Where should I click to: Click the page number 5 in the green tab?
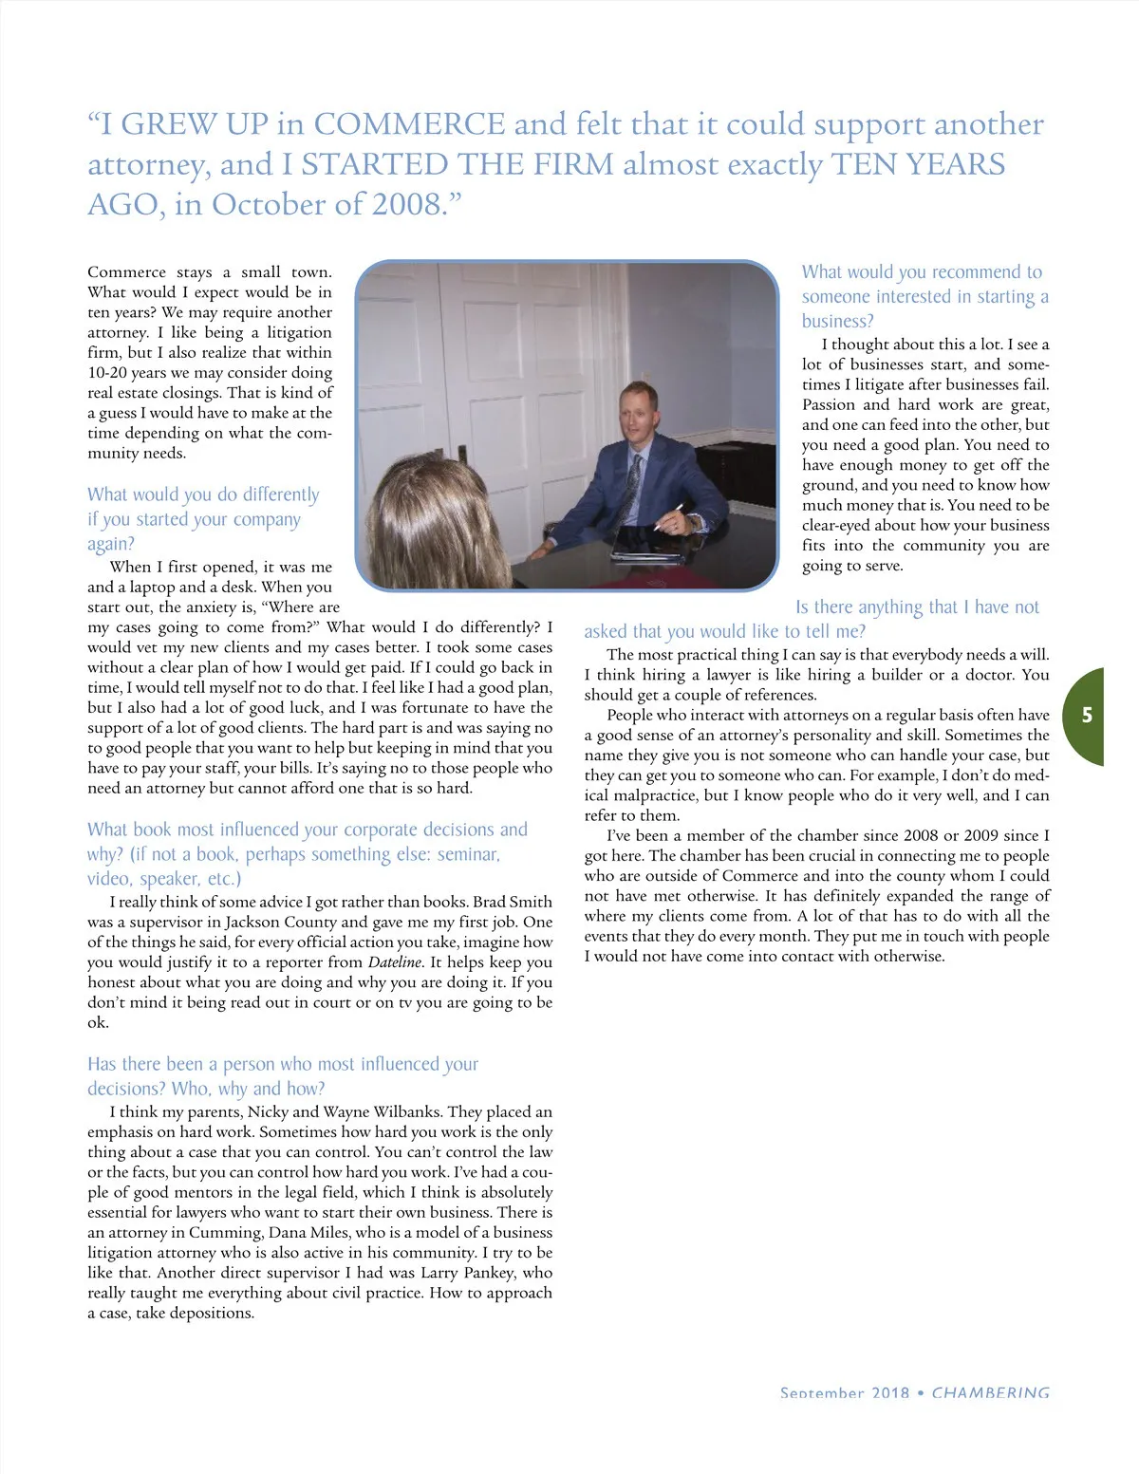(x=1088, y=716)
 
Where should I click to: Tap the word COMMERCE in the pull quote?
(x=409, y=124)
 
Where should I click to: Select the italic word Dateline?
(x=395, y=962)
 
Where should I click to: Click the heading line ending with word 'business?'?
(x=837, y=321)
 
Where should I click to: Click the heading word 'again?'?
(x=111, y=544)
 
